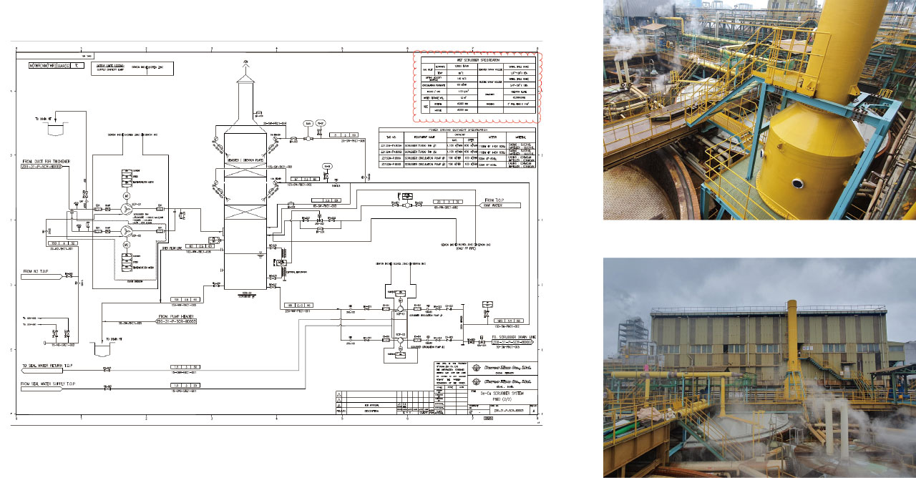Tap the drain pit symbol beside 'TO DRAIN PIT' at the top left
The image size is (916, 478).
pyautogui.click(x=55, y=130)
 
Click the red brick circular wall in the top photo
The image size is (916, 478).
pyautogui.click(x=644, y=193)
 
